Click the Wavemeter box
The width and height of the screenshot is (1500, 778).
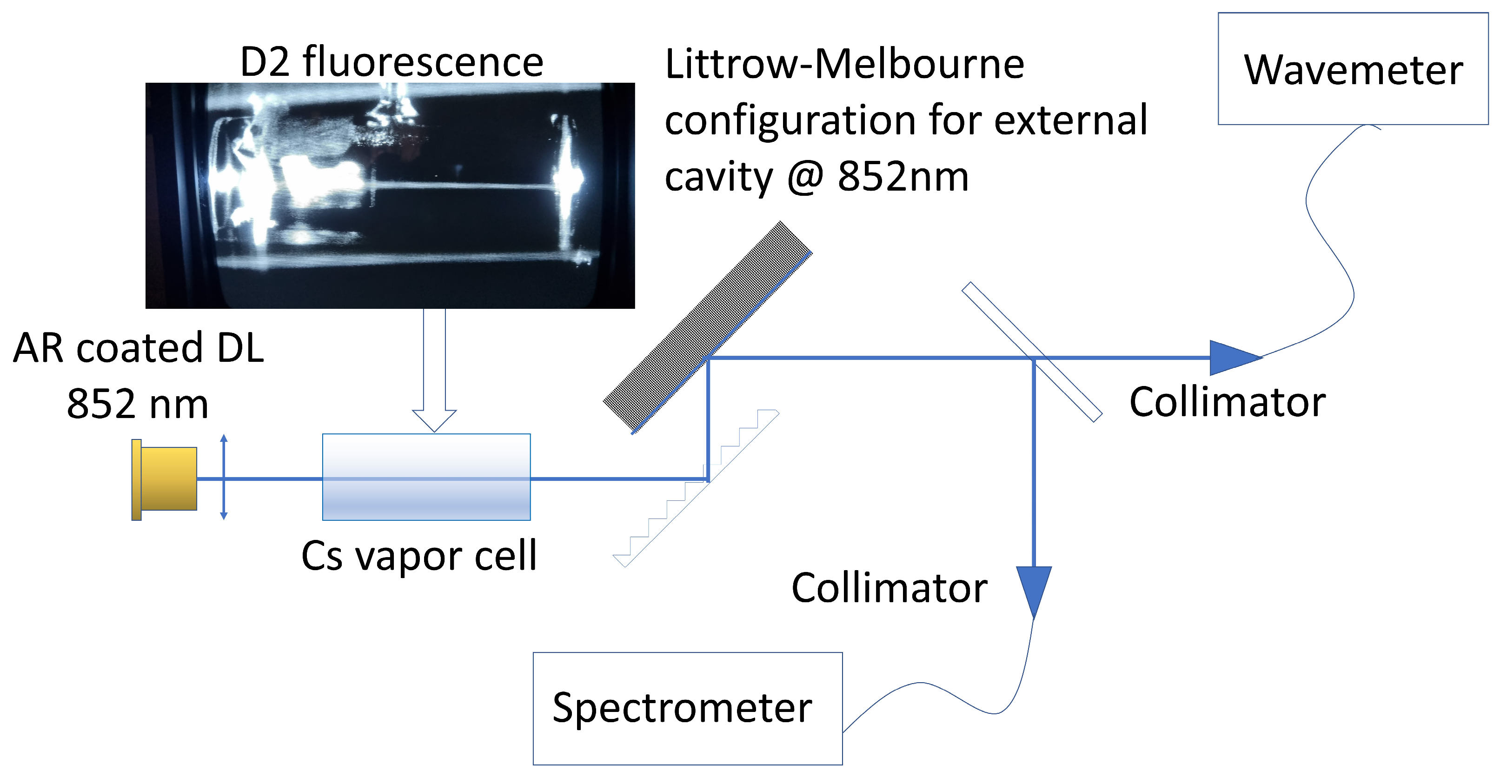coord(1353,69)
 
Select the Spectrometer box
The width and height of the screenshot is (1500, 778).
coord(687,708)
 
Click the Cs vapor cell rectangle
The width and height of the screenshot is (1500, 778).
coord(426,476)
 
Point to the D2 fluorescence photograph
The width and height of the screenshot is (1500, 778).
coord(390,195)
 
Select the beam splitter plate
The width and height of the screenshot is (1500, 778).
coord(1031,352)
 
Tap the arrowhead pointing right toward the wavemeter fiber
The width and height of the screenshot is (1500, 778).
coord(1232,358)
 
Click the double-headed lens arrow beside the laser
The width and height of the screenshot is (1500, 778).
coord(224,476)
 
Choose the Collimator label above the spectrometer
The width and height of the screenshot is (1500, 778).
coord(889,588)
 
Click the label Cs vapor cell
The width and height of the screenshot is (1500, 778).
coord(418,556)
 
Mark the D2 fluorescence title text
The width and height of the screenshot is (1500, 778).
coord(392,62)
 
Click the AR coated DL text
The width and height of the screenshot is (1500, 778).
coord(138,348)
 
